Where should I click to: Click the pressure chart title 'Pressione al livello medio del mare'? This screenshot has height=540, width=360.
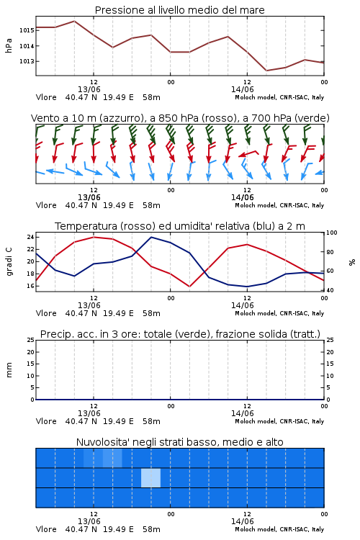coord(179,10)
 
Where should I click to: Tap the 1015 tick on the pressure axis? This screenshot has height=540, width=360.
coord(27,30)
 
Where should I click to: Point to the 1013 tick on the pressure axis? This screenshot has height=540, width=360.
coord(27,61)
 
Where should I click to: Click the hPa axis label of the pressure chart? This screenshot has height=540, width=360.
coord(9,45)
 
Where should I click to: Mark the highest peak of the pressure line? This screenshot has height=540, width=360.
coord(74,21)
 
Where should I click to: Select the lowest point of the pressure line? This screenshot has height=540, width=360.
coord(266,71)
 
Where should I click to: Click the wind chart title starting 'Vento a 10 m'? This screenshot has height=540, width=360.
coord(180,118)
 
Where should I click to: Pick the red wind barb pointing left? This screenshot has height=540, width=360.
coord(248,153)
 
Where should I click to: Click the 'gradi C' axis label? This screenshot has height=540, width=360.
coord(9,261)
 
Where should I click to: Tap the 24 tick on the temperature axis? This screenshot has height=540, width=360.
coord(30,237)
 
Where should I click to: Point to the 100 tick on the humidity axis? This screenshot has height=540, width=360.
coord(332,233)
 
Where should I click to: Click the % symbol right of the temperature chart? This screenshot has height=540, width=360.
coord(352,262)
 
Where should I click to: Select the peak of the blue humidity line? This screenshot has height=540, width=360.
coord(151,237)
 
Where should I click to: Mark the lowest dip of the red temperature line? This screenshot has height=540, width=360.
coord(189,287)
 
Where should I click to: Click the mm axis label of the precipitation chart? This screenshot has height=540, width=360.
coord(9,370)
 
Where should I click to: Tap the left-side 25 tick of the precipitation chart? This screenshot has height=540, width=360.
coord(31,340)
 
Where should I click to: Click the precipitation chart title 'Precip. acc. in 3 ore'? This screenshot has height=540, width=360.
coord(180,334)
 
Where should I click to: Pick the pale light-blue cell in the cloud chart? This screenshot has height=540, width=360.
coord(151,478)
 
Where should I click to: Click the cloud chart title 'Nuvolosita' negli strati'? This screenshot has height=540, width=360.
coord(179,442)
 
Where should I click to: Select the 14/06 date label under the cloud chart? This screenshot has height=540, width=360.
coord(242,521)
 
